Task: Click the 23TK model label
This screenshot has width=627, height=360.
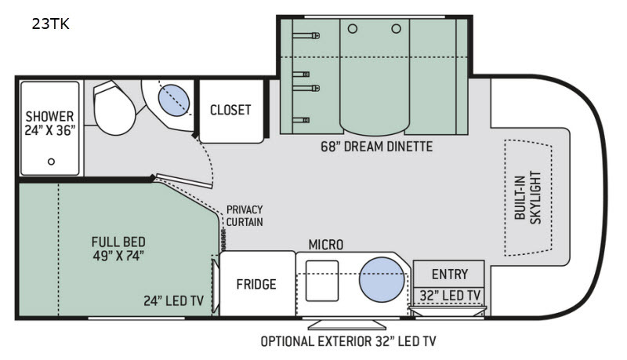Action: tap(51, 24)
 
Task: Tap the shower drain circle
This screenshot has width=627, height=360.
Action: tap(51, 162)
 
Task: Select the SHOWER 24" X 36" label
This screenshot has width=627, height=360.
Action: tap(49, 123)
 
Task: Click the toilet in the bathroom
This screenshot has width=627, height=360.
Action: tap(113, 108)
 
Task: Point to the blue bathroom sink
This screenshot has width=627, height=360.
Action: tap(174, 100)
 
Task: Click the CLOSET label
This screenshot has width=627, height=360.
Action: tap(230, 110)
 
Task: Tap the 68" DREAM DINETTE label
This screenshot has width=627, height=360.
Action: tap(377, 147)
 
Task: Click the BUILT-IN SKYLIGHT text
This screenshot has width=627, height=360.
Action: tap(527, 198)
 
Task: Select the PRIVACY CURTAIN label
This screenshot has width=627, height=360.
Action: tap(245, 216)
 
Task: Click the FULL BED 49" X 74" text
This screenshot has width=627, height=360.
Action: tap(118, 249)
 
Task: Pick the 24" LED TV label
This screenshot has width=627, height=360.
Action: tap(174, 301)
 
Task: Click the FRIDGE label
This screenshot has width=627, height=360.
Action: tap(256, 284)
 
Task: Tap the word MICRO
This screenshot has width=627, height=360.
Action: tap(326, 245)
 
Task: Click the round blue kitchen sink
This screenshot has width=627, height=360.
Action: tap(382, 279)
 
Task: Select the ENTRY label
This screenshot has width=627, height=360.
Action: tap(450, 275)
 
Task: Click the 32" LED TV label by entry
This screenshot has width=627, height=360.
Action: tap(450, 296)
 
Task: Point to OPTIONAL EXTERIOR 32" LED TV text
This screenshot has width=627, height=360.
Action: tap(348, 341)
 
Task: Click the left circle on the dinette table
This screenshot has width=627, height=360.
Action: tap(353, 29)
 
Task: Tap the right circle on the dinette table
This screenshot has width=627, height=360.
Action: tap(397, 29)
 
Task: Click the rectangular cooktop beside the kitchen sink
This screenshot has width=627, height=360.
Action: tap(322, 281)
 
